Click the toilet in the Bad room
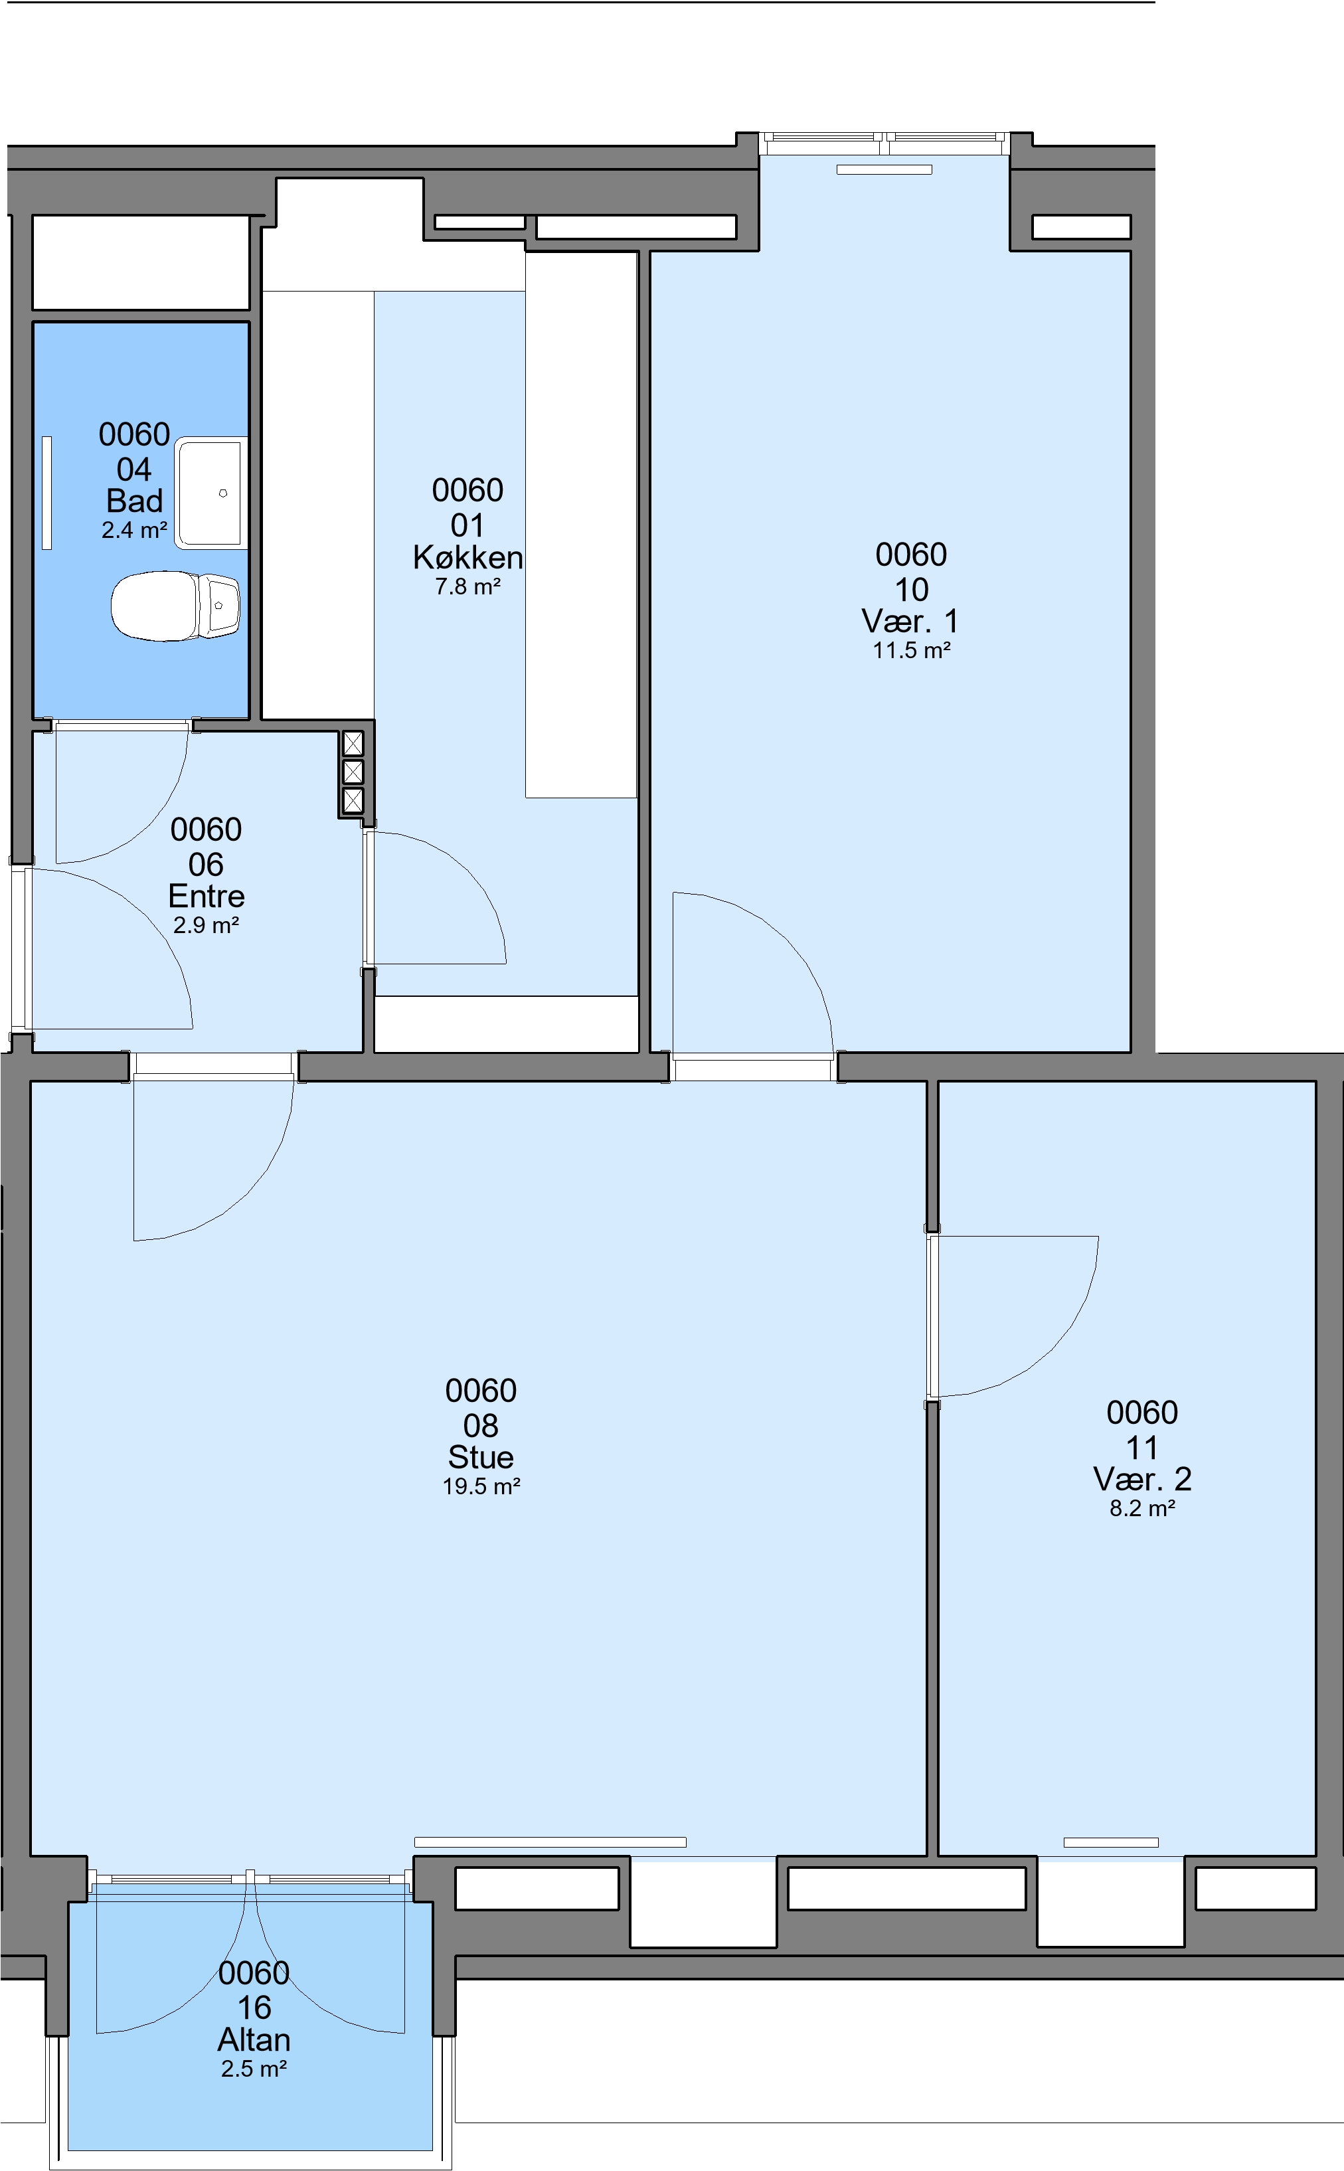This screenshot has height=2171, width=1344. point(175,606)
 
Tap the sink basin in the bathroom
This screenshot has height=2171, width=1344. point(210,493)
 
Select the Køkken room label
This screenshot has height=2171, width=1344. point(467,557)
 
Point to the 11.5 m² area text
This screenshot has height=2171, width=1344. point(911,650)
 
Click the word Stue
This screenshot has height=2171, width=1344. point(481,1457)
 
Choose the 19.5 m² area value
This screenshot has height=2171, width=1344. point(481,1486)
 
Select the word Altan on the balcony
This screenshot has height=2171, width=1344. point(254,2040)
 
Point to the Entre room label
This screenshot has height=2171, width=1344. point(207,896)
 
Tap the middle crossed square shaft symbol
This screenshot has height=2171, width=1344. point(353,771)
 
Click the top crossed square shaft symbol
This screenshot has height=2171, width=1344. point(353,743)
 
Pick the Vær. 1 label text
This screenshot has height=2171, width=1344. point(911,620)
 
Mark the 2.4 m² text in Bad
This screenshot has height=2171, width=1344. point(134,531)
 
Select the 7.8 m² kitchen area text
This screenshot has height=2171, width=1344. point(467,587)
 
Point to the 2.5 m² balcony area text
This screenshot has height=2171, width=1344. point(254,2069)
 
